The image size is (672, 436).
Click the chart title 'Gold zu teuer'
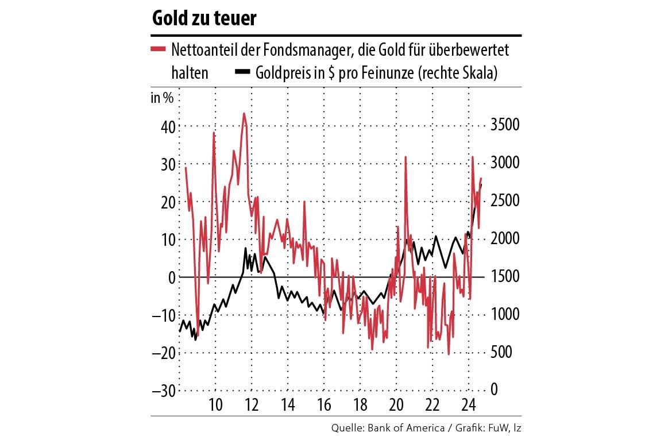[x=204, y=18]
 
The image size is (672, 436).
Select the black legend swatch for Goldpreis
[x=243, y=72]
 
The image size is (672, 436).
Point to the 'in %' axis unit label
[x=162, y=98]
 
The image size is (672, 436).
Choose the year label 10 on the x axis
[x=215, y=404]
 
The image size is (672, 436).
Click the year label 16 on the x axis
[x=324, y=404]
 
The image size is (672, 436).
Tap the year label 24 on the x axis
[x=469, y=404]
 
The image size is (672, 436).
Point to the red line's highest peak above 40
[x=244, y=114]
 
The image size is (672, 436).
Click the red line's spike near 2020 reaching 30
[x=405, y=157]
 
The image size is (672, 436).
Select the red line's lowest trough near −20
[x=449, y=353]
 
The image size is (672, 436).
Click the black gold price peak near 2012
[x=246, y=249]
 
